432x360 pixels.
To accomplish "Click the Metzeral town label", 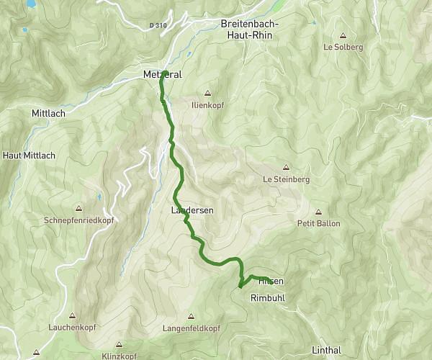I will coord(162,73).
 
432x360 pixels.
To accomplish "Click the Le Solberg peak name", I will coord(343,48).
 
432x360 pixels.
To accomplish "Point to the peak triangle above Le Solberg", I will coord(343,35).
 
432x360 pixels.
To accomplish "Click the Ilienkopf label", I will coord(207,104).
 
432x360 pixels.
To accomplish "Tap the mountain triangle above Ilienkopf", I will coord(207,93).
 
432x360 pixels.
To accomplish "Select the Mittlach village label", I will coord(48,114).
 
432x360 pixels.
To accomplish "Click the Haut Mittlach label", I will coord(29,155).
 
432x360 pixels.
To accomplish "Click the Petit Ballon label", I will coord(317,223).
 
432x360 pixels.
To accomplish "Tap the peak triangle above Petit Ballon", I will coord(317,211).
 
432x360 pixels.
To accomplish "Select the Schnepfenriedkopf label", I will coord(78,220).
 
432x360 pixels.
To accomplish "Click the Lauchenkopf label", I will coord(72,328).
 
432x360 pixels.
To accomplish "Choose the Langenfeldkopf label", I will coord(192,328).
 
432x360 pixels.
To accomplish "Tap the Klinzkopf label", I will coord(118,356).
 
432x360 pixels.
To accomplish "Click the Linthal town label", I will coord(325,350).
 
